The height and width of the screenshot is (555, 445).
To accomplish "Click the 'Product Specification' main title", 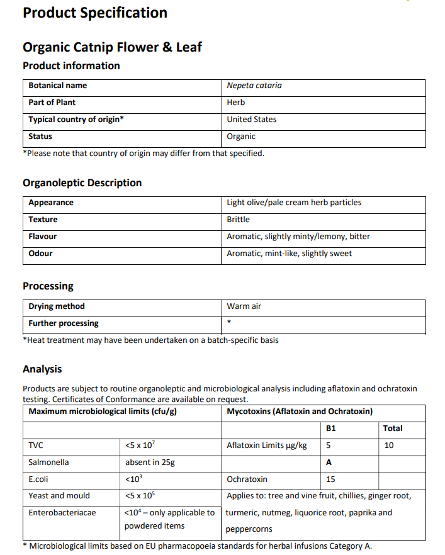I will click(95, 13).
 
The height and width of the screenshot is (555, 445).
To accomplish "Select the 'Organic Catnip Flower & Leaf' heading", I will click(112, 47).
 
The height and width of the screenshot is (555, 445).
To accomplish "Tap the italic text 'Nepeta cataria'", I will click(254, 86).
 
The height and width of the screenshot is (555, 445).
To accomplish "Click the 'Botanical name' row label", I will click(58, 86).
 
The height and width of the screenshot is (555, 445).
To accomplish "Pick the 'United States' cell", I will click(252, 120).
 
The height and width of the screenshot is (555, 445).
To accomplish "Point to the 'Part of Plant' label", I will click(52, 103).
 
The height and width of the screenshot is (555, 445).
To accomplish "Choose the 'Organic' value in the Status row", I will click(241, 137).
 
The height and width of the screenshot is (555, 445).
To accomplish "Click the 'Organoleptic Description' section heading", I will click(82, 183).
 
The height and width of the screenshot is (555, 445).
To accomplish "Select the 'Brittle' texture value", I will click(239, 220).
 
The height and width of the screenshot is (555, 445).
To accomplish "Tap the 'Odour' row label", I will click(41, 254).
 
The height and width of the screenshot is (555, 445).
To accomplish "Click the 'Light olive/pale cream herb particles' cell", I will click(294, 203).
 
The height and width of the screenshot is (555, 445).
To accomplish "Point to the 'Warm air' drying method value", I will click(244, 306).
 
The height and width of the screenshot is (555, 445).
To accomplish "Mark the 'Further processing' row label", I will click(64, 323).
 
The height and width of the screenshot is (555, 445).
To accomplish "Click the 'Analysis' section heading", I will click(42, 369).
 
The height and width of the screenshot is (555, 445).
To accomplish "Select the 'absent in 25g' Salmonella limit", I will click(150, 462).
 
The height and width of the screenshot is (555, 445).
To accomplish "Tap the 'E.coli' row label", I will click(39, 479).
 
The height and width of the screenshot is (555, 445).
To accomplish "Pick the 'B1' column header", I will click(332, 429).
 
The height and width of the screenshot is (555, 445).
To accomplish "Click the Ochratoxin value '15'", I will click(331, 479).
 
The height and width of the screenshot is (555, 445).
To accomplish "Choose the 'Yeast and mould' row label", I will click(59, 496).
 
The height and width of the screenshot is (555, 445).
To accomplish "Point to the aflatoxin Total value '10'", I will click(389, 446).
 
